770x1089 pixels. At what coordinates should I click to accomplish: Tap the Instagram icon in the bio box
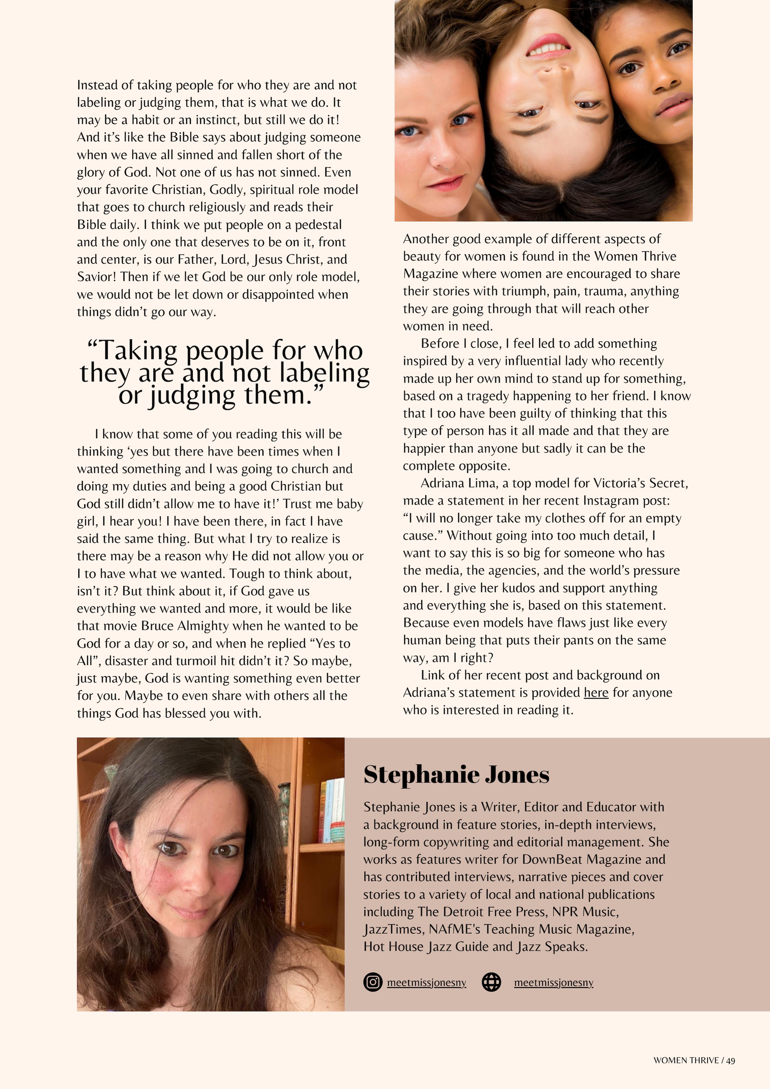point(373,982)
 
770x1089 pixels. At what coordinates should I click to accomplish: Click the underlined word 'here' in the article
point(596,693)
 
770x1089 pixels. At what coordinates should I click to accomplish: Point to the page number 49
point(731,1060)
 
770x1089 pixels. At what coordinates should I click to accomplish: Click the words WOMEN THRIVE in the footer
point(686,1060)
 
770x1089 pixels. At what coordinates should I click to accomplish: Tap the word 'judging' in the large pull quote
point(192,395)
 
